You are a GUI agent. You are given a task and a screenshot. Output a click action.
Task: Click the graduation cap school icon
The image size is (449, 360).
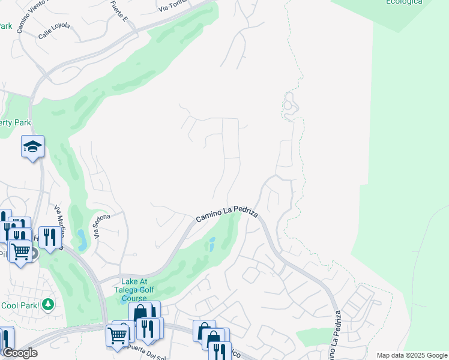click(32, 146)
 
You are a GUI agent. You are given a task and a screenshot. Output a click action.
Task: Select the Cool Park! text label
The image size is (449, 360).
click(20, 305)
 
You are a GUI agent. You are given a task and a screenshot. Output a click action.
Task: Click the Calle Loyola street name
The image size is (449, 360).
click(54, 26)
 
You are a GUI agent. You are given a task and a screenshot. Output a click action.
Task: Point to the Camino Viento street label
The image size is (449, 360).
click(28, 19)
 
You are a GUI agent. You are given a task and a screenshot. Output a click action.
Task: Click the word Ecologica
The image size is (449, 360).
click(403, 2)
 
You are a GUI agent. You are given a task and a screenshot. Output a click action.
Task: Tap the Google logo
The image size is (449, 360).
click(19, 353)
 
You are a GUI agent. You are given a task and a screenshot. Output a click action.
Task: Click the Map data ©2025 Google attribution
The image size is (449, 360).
click(412, 355)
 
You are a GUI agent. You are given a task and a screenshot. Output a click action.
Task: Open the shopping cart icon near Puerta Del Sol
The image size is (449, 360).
click(117, 335)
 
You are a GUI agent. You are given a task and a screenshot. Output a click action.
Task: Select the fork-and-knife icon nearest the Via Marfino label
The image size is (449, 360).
click(48, 237)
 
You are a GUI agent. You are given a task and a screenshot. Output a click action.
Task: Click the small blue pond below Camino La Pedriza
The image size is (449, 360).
click(211, 245)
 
